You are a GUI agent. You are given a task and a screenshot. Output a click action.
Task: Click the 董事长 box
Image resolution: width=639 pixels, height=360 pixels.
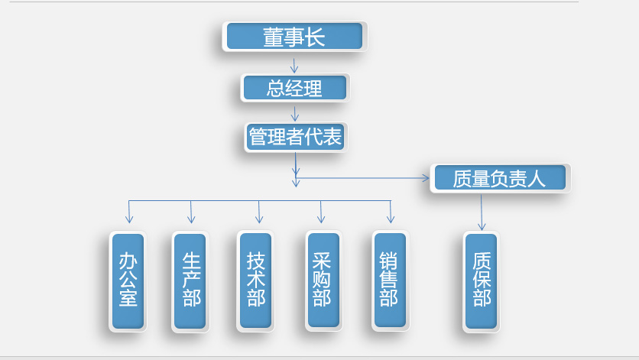coord(294,37)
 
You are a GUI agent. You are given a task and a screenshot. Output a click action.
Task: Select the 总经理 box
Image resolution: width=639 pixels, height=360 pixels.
coord(294,88)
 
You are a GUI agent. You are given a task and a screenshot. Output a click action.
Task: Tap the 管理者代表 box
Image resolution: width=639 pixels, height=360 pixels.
coord(296,138)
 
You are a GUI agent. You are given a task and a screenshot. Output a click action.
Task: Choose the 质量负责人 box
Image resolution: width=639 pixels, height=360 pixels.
coord(499,178)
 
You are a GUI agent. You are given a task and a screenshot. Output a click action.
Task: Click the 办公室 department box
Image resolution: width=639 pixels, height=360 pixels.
coord(128,281)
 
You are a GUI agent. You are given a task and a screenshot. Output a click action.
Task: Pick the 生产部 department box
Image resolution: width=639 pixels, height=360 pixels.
coord(190,281)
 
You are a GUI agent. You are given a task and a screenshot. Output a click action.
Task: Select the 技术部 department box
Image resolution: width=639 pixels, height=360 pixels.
coord(255,281)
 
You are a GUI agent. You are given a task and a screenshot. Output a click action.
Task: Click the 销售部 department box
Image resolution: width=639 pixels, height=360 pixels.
coord(389,281)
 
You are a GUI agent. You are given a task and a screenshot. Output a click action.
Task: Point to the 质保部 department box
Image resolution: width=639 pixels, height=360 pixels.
coord(482,281)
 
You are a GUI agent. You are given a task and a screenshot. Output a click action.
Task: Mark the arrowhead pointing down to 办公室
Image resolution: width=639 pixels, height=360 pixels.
coord(129,219)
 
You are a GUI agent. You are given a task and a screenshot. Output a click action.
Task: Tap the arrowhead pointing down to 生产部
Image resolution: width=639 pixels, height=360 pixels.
coord(192,219)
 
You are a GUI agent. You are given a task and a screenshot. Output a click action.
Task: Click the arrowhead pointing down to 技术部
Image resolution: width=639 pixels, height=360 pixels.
coord(259,219)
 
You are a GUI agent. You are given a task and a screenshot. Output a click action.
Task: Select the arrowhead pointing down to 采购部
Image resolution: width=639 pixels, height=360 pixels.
coord(321,219)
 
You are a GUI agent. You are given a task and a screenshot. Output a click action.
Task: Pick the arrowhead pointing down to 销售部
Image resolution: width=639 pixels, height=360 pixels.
coord(391,219)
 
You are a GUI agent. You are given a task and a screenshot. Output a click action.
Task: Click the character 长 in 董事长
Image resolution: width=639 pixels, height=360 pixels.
coord(316,37)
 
